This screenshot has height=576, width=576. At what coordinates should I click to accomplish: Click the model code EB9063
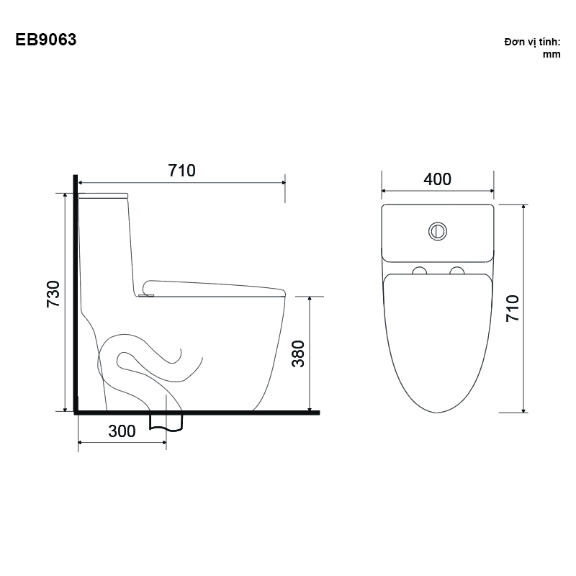pos(46,40)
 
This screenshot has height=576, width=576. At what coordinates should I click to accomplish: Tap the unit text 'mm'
pos(552,55)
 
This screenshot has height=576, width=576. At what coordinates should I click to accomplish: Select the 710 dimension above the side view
pos(182,171)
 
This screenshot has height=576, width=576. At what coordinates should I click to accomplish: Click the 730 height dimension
pos(53,294)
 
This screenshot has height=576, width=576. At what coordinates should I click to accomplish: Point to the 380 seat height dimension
pos(298,354)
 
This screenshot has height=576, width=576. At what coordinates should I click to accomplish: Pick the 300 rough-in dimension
pos(122,431)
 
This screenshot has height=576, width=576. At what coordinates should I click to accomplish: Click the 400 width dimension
pos(437,179)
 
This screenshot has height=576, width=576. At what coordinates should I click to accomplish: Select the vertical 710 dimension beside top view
pos(513,309)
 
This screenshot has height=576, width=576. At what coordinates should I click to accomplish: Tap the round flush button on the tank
pos(438,231)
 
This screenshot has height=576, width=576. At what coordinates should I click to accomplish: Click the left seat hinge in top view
pos(420,271)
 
